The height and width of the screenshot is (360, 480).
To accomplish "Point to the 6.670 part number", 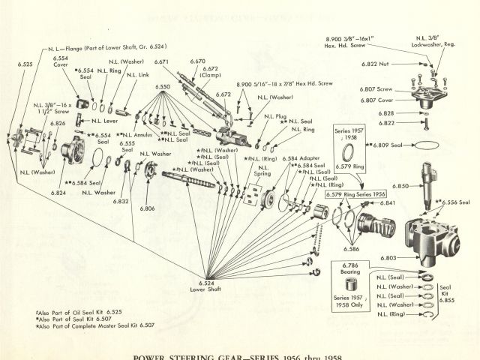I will [x=198, y=60].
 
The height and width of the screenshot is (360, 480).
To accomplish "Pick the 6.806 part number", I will [x=147, y=208].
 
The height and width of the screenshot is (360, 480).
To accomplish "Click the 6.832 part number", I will [x=121, y=202].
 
